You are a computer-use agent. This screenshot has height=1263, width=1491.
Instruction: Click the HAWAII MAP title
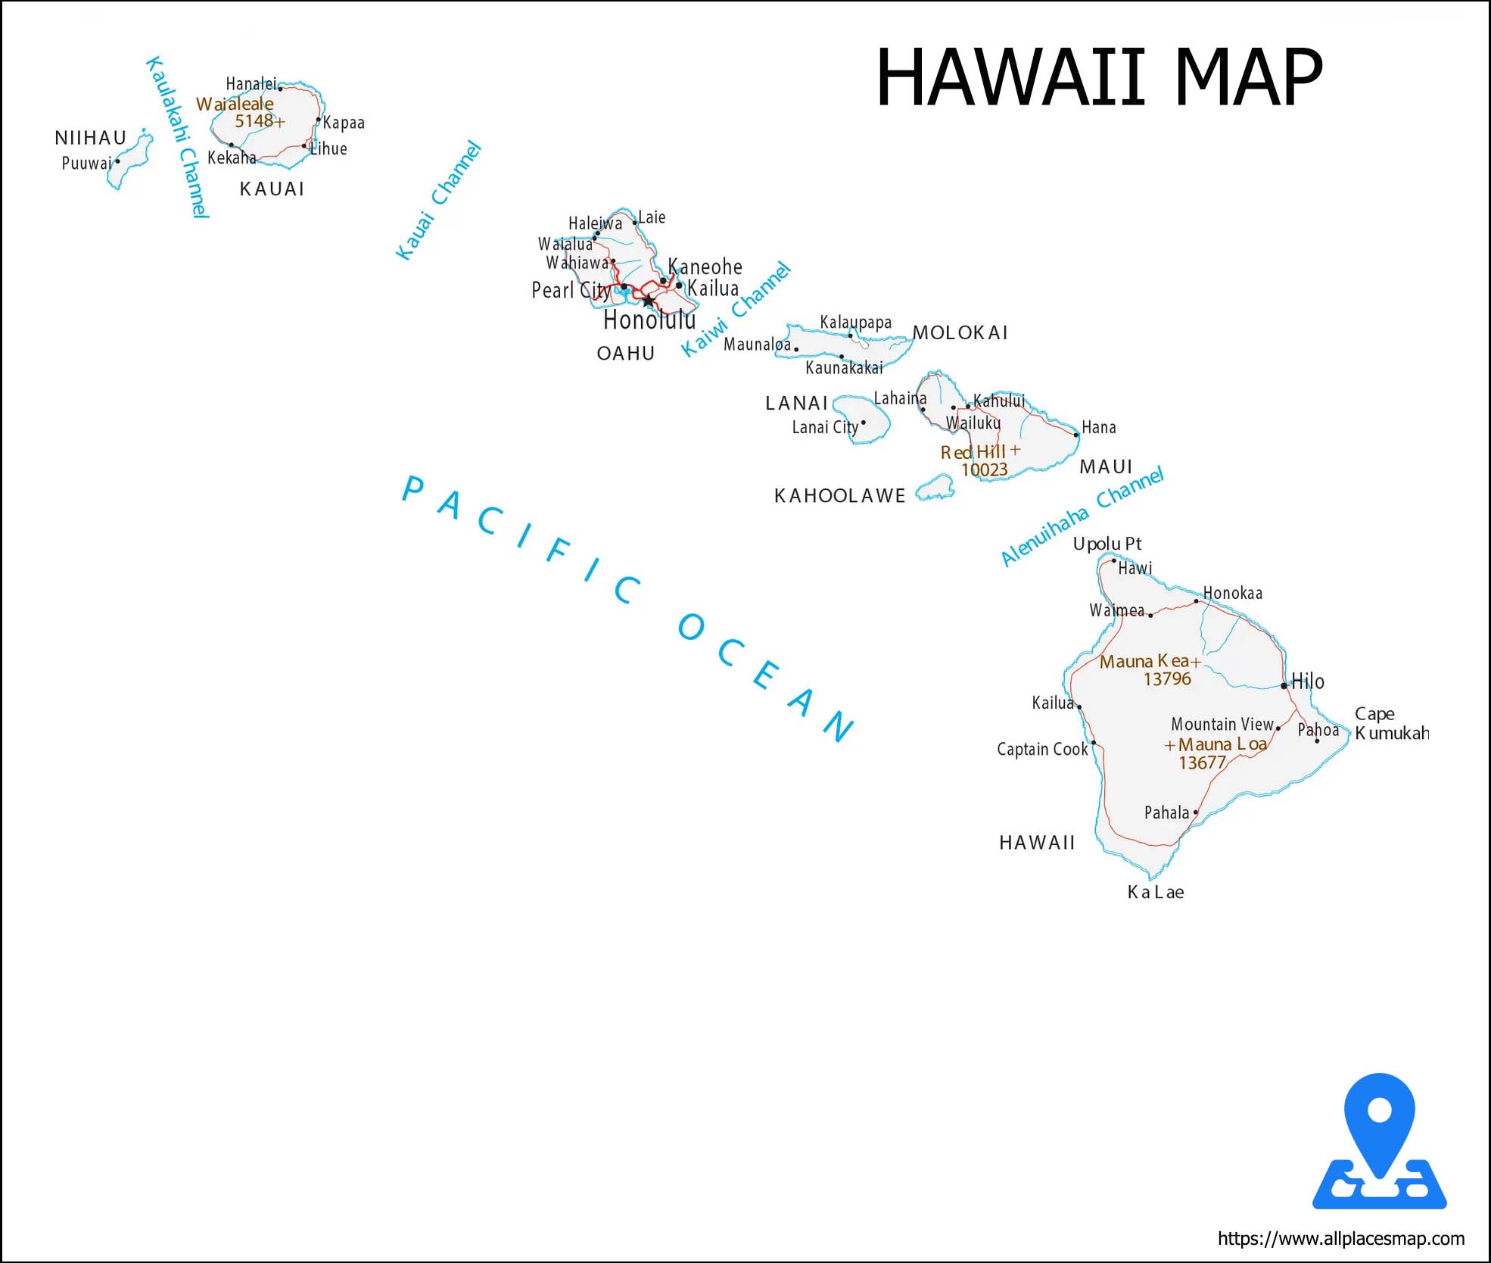point(1098,77)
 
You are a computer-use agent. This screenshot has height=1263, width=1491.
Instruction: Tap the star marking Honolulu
point(649,301)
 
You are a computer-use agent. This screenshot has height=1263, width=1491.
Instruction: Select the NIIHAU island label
point(90,138)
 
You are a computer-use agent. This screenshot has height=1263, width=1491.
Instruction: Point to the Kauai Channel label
point(438,201)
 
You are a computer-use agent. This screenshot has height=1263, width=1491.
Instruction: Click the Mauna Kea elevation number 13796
point(1166,679)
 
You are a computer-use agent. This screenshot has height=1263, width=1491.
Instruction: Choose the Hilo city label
point(1308,681)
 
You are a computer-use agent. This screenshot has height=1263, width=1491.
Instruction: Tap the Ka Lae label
point(1155,892)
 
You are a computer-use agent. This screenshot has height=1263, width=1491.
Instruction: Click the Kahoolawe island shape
point(936,488)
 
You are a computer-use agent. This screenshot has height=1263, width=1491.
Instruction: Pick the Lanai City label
point(825,428)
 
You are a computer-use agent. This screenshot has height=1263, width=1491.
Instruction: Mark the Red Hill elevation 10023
point(984,470)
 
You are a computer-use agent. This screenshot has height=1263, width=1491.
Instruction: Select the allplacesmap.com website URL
point(1340,1239)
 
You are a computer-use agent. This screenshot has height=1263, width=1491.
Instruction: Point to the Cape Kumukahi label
point(1391,724)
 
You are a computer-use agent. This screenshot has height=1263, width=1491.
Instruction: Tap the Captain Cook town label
point(1041,750)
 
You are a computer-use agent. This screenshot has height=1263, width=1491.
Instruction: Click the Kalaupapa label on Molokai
point(855,323)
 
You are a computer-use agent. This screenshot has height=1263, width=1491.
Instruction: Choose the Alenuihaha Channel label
point(1082,516)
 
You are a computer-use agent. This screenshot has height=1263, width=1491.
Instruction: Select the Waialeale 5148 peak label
point(238,112)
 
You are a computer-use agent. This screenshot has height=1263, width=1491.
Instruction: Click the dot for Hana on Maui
point(1076,435)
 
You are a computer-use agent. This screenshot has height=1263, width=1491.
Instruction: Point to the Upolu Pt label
point(1107,544)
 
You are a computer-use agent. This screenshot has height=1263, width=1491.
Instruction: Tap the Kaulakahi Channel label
point(176,137)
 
